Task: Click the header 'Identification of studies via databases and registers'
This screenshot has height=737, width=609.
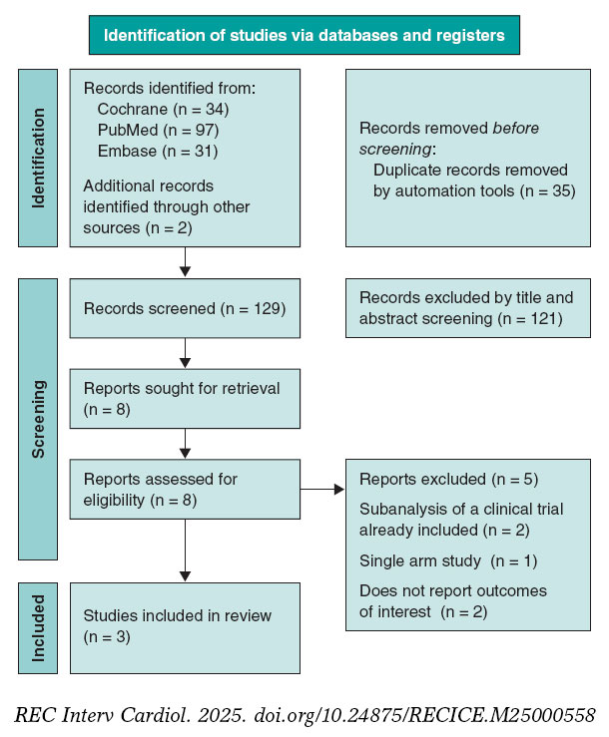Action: point(304,36)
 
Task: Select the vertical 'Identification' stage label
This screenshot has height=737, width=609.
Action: point(39,158)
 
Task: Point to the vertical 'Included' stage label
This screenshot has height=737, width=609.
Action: point(39,628)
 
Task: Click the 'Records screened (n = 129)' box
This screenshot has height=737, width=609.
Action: point(185,308)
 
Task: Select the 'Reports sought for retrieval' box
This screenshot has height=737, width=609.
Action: point(185,398)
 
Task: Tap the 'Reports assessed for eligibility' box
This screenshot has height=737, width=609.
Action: point(185,490)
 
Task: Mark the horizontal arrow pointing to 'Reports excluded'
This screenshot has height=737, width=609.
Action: point(321,490)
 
